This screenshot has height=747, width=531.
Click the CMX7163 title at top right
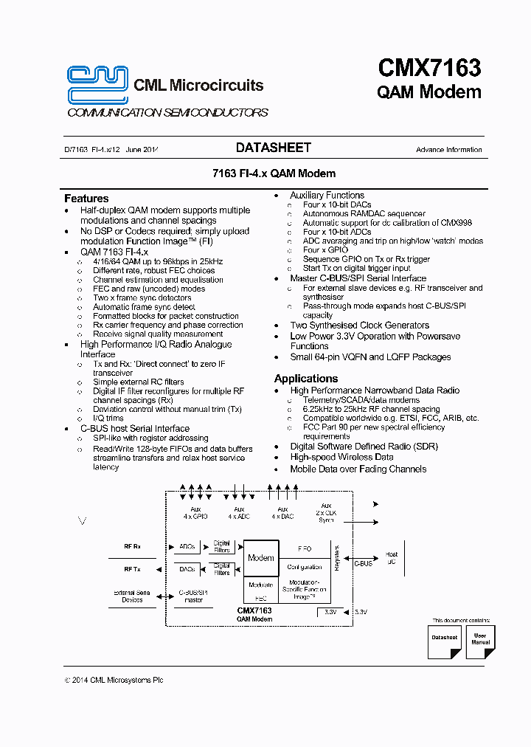[429, 69]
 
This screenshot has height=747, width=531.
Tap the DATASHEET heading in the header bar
[273, 148]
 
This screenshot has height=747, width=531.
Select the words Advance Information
[448, 150]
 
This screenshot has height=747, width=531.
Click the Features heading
[86, 199]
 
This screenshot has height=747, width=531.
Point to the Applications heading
[305, 379]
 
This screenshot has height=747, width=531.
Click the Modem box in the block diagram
[260, 558]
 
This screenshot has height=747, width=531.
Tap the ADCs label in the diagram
[187, 547]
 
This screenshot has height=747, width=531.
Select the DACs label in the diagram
[187, 569]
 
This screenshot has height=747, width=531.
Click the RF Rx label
[133, 547]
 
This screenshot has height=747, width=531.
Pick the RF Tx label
[133, 569]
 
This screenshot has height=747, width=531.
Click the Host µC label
[392, 559]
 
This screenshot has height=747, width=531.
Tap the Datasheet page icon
[444, 640]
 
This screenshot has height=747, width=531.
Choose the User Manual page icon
[479, 640]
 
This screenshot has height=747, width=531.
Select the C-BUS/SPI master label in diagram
[193, 596]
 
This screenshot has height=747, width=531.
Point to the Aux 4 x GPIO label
[195, 513]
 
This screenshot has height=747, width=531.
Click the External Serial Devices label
[133, 596]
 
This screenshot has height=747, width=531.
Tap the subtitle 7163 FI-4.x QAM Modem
[274, 173]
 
